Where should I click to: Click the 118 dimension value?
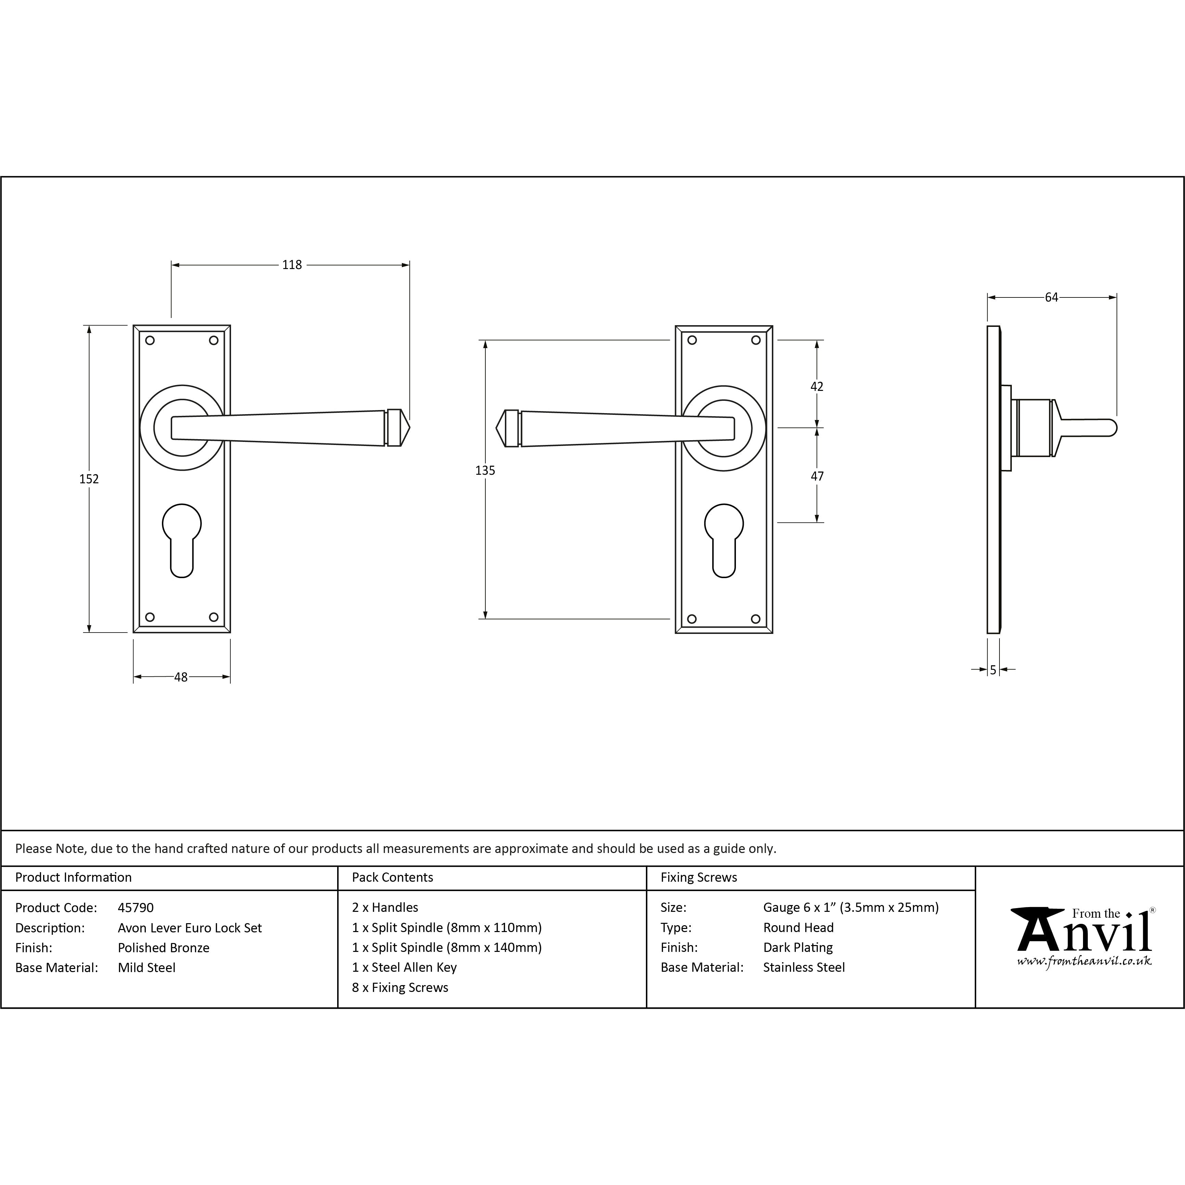pyautogui.click(x=292, y=265)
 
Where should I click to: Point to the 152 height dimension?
pyautogui.click(x=89, y=479)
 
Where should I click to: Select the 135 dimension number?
pyautogui.click(x=485, y=470)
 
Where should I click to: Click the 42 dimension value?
pyautogui.click(x=817, y=386)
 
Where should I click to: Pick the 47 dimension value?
pyautogui.click(x=817, y=476)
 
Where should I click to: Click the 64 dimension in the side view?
pyautogui.click(x=1051, y=297)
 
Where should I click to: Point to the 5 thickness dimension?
pyautogui.click(x=993, y=671)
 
